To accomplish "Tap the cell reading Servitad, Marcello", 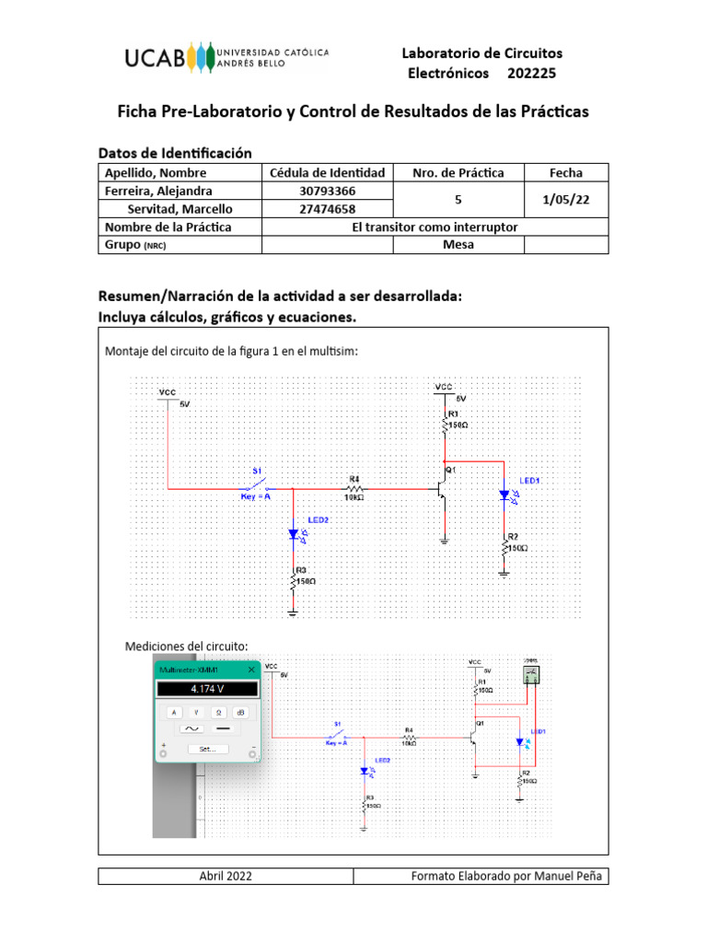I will coord(180,209).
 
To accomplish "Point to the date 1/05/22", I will coord(565,200).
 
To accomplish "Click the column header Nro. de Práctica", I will coord(458,172).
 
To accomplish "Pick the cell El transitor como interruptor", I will coord(435,227).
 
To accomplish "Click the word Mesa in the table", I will coord(458,245).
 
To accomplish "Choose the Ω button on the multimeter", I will coord(219,712).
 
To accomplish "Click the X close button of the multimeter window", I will coord(249,670).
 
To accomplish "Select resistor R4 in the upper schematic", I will coord(353,487).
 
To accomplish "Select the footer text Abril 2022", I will coord(226,876).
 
